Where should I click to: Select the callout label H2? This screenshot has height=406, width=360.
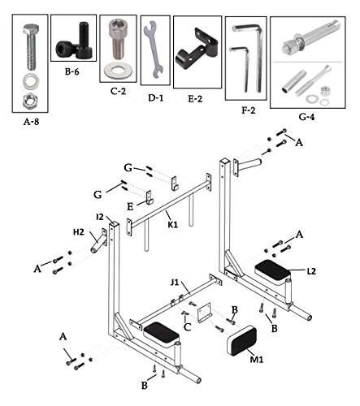pos(79,231)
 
